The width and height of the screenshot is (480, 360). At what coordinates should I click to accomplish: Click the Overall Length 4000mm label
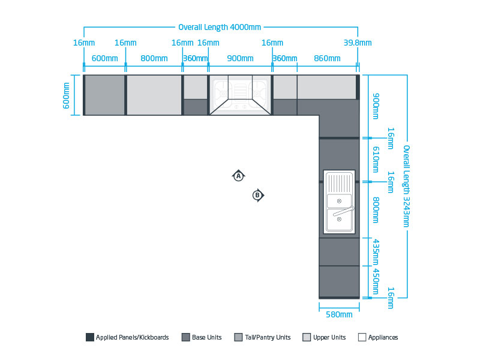point(220,27)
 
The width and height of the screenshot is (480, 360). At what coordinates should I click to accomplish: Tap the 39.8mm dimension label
point(358,43)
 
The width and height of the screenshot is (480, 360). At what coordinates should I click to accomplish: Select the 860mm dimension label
point(327,58)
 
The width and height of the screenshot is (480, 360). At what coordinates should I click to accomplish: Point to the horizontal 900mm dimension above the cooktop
point(240,58)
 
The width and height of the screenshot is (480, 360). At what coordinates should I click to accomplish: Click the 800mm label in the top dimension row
point(154,58)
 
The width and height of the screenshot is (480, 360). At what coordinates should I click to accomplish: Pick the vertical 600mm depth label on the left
point(66,95)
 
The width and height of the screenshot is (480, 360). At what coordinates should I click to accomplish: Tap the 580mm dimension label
point(339,314)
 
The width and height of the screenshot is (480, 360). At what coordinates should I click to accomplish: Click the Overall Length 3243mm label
point(406,186)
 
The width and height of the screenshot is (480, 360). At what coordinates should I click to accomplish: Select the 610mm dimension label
point(376,159)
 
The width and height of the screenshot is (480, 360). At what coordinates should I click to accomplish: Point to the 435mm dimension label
point(376,252)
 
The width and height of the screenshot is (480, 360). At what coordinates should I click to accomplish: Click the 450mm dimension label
point(376,281)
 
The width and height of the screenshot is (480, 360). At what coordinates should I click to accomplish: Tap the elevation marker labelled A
point(238,176)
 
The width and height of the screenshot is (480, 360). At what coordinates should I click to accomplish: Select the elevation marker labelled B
point(258,196)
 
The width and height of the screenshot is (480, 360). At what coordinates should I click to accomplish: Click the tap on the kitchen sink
point(344,211)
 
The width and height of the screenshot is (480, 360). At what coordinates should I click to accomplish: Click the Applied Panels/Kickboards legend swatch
point(89,337)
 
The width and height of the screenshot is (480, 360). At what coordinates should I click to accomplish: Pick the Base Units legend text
point(206,337)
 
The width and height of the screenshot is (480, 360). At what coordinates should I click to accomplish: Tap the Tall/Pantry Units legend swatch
point(238,337)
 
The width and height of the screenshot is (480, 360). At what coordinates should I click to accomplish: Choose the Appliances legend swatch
point(362,337)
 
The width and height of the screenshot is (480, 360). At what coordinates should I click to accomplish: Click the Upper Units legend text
point(329,337)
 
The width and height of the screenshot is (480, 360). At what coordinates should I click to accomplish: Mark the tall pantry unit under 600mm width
point(104,95)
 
